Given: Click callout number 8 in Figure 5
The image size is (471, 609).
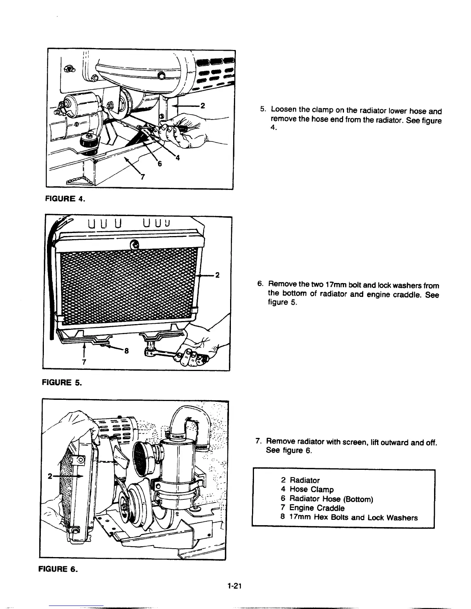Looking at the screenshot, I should (125, 351).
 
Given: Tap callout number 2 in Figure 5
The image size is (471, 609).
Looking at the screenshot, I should (217, 275).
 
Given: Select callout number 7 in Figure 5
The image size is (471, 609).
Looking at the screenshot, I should (84, 362).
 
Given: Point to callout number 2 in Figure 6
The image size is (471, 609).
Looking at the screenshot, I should (50, 476).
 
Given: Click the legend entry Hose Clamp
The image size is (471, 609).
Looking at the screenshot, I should (311, 489).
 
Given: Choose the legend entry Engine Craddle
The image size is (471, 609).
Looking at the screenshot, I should (317, 508).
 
